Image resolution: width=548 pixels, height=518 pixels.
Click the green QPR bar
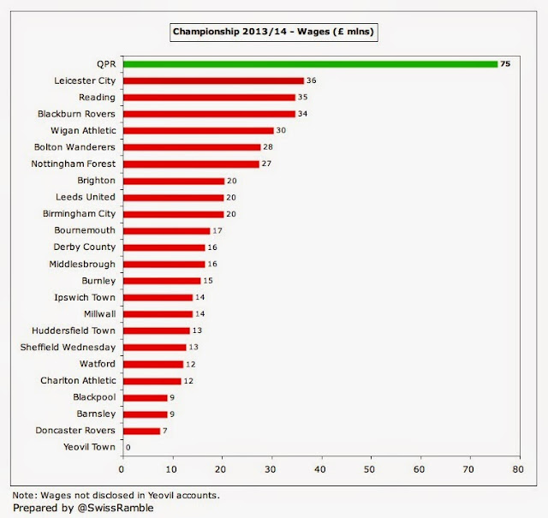310,63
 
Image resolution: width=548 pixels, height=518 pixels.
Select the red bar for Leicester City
213,80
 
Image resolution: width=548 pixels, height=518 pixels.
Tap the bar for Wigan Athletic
198,130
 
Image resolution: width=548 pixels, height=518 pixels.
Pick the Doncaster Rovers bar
141,431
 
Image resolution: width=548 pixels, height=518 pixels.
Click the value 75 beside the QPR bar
505,63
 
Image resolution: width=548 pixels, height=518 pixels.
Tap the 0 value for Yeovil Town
128,447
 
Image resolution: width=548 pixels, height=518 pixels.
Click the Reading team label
97,97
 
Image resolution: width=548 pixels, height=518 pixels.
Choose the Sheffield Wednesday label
68,347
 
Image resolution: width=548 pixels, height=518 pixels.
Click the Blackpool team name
93,397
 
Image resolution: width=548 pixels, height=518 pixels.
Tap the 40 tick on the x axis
321,469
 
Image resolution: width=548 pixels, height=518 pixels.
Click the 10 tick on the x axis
172,469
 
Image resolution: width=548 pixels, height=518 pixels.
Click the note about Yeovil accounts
116,494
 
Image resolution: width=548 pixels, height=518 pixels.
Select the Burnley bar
161,280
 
